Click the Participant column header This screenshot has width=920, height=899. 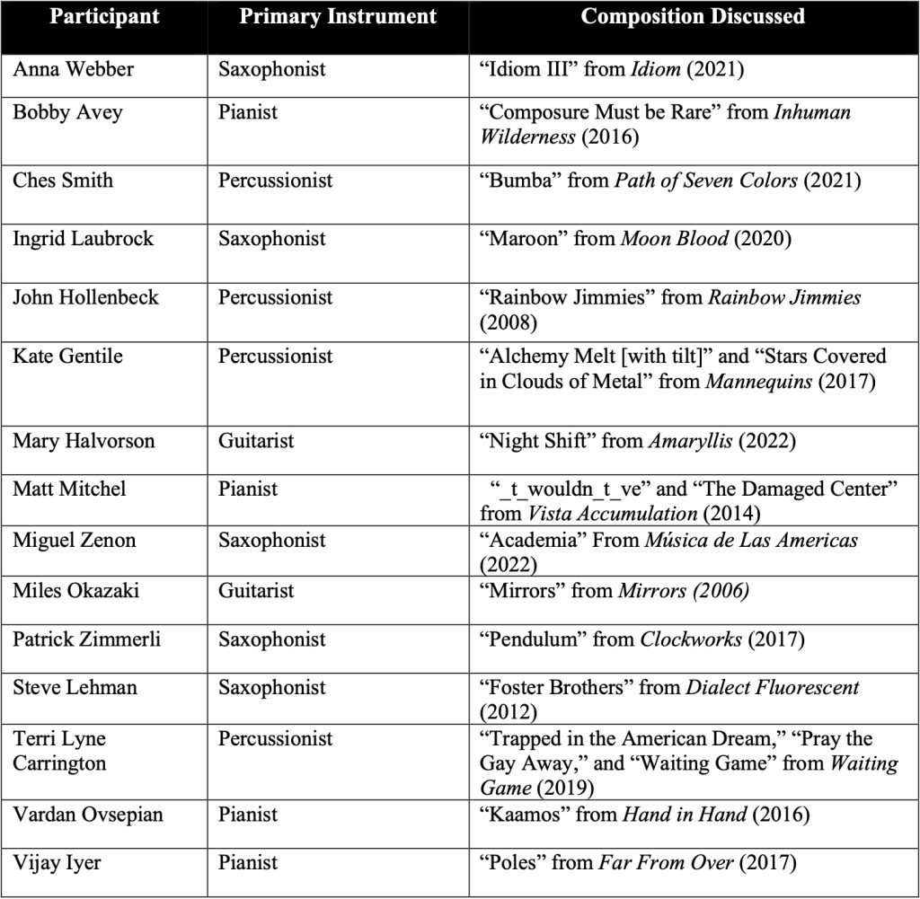tap(104, 17)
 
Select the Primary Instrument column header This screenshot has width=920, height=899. tap(338, 17)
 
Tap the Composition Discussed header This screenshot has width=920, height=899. tap(692, 17)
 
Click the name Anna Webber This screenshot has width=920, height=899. tap(73, 69)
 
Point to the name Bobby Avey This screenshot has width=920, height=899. tap(67, 112)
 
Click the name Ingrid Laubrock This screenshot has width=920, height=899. tap(83, 238)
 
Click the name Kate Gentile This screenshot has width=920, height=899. tap(67, 356)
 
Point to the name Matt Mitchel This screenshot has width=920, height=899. tap(69, 489)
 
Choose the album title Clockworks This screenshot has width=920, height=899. tap(690, 639)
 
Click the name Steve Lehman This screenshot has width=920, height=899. tap(75, 688)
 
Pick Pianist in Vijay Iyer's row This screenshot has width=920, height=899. tap(248, 863)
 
